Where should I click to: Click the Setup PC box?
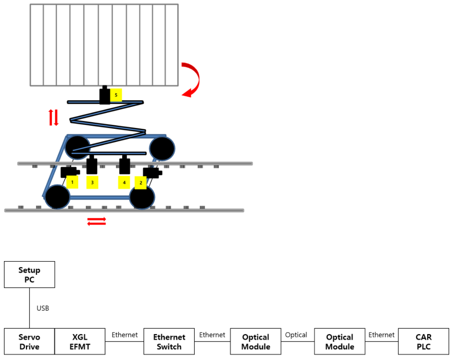tap(29, 275)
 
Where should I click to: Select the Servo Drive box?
tap(29, 342)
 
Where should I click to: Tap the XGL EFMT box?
tap(80, 342)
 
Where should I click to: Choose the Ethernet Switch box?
tap(169, 342)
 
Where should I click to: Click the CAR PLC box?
tap(423, 342)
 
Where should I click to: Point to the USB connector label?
tap(43, 308)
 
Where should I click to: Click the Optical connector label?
tap(296, 335)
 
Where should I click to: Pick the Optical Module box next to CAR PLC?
tap(339, 342)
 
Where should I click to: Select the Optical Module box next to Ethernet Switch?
tap(255, 342)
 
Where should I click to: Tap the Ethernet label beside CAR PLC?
tap(381, 335)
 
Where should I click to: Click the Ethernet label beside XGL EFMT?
tap(124, 335)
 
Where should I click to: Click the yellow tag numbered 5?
tap(116, 95)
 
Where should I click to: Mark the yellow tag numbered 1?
tap(72, 182)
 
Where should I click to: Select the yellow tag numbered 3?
tap(92, 182)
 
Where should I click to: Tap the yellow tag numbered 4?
tap(124, 182)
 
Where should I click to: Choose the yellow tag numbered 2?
tap(141, 182)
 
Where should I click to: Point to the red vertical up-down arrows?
tap(53, 117)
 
